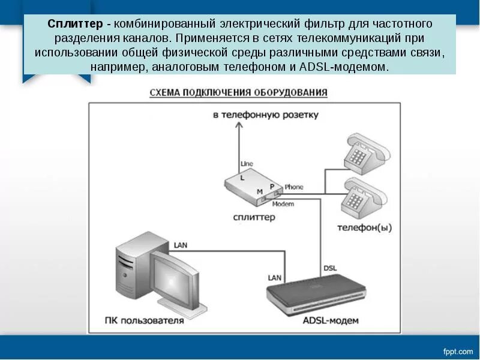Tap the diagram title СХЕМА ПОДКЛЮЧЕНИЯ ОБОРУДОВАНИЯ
[238, 92]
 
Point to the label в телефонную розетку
[265, 114]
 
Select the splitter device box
[251, 187]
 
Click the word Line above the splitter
[247, 163]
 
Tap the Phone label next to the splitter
[294, 187]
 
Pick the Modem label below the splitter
[283, 204]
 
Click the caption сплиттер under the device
[255, 217]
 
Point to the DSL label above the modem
[330, 268]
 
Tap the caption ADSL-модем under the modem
[331, 320]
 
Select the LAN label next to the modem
[274, 277]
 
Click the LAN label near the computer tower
[181, 245]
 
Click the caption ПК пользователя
[152, 320]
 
